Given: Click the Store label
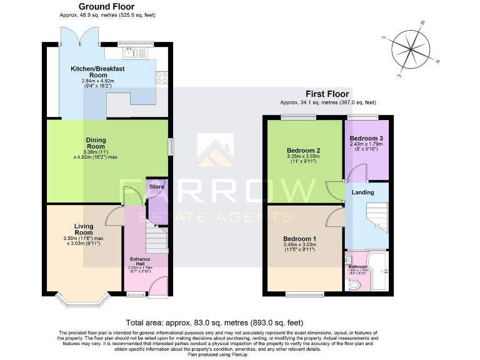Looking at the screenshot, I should tap(156, 186).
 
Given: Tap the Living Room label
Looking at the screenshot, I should tap(84, 229).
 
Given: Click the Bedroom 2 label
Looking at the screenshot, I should tap(304, 151).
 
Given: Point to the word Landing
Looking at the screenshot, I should tap(364, 193).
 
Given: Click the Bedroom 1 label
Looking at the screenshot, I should tap(300, 239).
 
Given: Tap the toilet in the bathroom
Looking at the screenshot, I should tap(354, 285).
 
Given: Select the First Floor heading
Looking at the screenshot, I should tap(327, 94).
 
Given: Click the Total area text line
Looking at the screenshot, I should tap(214, 322).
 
